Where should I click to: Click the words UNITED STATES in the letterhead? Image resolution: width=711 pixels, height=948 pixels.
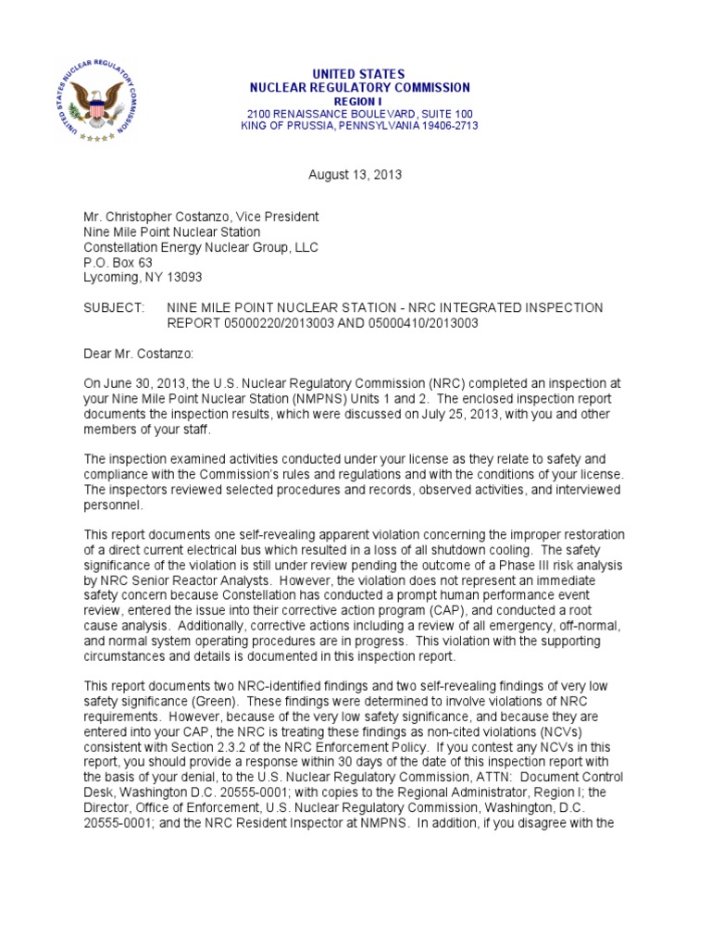[360, 74]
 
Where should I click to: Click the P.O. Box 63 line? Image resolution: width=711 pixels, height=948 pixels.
[118, 262]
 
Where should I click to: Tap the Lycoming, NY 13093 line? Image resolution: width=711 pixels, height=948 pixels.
[143, 277]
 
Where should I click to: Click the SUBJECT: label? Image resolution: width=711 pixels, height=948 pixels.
[114, 307]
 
